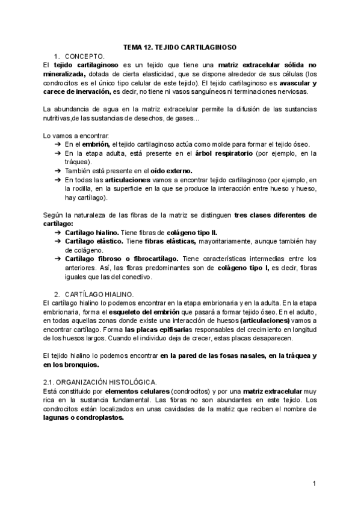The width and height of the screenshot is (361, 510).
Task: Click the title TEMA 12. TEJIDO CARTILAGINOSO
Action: (180, 46)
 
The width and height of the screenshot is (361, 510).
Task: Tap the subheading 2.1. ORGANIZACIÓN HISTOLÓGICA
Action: (100, 382)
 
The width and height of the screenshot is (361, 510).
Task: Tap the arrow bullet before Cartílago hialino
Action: (57, 232)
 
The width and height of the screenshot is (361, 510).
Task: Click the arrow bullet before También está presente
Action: (57, 171)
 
